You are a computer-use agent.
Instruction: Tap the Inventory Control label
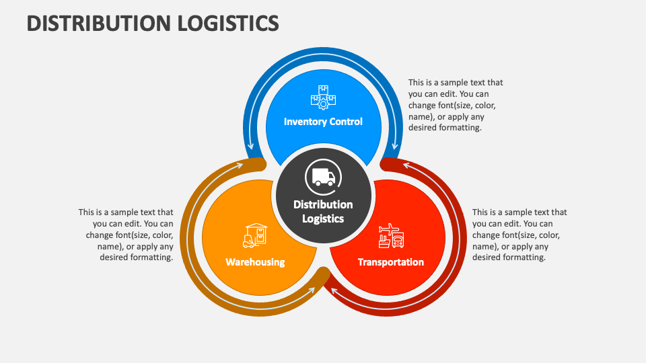pyautogui.click(x=323, y=122)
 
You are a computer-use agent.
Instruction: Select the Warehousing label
pyautogui.click(x=255, y=261)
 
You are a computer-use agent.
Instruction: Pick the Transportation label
pyautogui.click(x=390, y=261)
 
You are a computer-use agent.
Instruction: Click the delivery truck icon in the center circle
pyautogui.click(x=323, y=177)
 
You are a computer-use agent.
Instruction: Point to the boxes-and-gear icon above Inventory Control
pyautogui.click(x=323, y=97)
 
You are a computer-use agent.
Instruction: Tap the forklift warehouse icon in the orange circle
pyautogui.click(x=255, y=235)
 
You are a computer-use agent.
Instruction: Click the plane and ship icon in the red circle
pyautogui.click(x=390, y=236)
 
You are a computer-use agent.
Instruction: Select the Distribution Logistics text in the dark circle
pyautogui.click(x=323, y=211)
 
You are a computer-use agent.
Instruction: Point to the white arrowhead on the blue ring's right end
pyautogui.click(x=394, y=145)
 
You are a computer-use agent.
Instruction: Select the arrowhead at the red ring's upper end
pyautogui.click(x=406, y=163)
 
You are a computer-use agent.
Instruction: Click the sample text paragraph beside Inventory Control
pyautogui.click(x=456, y=105)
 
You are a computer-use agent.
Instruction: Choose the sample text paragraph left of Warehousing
pyautogui.click(x=127, y=235)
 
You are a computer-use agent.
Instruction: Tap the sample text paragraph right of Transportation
pyautogui.click(x=519, y=235)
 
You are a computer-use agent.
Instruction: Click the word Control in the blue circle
pyautogui.click(x=346, y=122)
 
